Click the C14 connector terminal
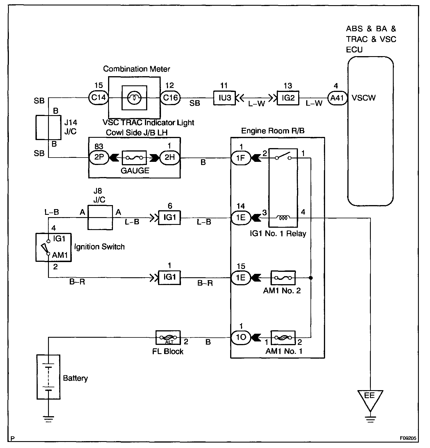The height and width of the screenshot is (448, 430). [x=98, y=98]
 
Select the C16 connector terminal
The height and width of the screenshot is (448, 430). [x=170, y=98]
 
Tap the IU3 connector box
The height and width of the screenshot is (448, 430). [x=224, y=98]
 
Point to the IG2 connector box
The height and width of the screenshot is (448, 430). [x=288, y=98]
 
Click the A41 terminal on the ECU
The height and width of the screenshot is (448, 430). [x=337, y=98]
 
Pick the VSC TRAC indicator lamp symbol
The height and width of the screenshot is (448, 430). [x=134, y=98]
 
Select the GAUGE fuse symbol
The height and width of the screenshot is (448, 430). [x=134, y=158]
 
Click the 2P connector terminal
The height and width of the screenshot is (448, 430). [x=99, y=158]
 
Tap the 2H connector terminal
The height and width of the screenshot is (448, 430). [x=170, y=158]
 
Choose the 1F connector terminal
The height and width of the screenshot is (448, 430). [x=241, y=158]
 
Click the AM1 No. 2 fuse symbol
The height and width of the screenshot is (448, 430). [x=283, y=278]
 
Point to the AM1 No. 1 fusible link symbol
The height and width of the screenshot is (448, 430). [x=283, y=338]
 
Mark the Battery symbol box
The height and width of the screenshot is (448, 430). [x=49, y=377]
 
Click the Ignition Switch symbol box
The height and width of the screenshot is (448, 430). [x=53, y=247]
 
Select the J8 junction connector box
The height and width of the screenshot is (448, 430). [x=100, y=217]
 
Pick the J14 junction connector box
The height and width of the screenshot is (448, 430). [x=48, y=127]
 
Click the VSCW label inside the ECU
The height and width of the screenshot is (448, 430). [x=364, y=98]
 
